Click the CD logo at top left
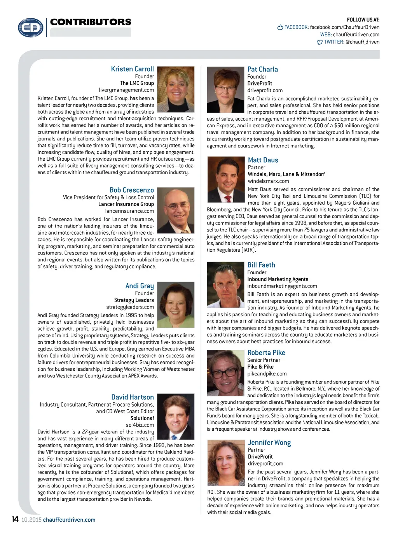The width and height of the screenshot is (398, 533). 31,28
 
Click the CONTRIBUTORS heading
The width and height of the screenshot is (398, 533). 91,22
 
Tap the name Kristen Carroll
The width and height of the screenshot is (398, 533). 132,69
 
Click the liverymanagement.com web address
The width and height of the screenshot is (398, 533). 126,90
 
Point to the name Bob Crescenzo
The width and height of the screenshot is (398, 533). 131,190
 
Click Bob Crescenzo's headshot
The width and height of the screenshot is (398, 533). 175,210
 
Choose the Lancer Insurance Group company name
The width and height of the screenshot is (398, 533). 126,204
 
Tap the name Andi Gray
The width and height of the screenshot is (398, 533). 140,286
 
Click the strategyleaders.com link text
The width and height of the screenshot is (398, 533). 130,307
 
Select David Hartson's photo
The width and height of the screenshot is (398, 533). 175,417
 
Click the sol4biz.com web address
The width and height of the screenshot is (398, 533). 140,425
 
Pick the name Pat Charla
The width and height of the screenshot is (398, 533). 262,69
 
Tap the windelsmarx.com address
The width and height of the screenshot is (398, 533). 268,181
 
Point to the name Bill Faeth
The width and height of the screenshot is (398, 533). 261,265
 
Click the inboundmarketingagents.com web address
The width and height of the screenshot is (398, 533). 282,286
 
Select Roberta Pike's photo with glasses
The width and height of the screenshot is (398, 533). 225,373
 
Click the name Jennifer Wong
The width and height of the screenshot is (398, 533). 269,442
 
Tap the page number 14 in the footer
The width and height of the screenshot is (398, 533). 15,519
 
